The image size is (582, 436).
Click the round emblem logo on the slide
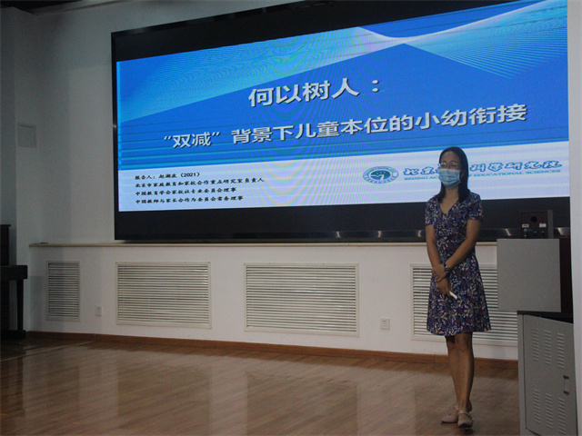click(380, 174)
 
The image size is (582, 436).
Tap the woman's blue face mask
click(449, 178)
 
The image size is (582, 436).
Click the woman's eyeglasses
click(448, 165)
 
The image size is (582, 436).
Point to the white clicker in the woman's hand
click(453, 295)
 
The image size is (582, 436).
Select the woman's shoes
click(457, 417)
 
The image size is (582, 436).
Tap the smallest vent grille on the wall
click(63, 291)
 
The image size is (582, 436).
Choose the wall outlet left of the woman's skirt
click(385, 323)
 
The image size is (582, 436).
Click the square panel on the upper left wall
click(26, 136)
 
